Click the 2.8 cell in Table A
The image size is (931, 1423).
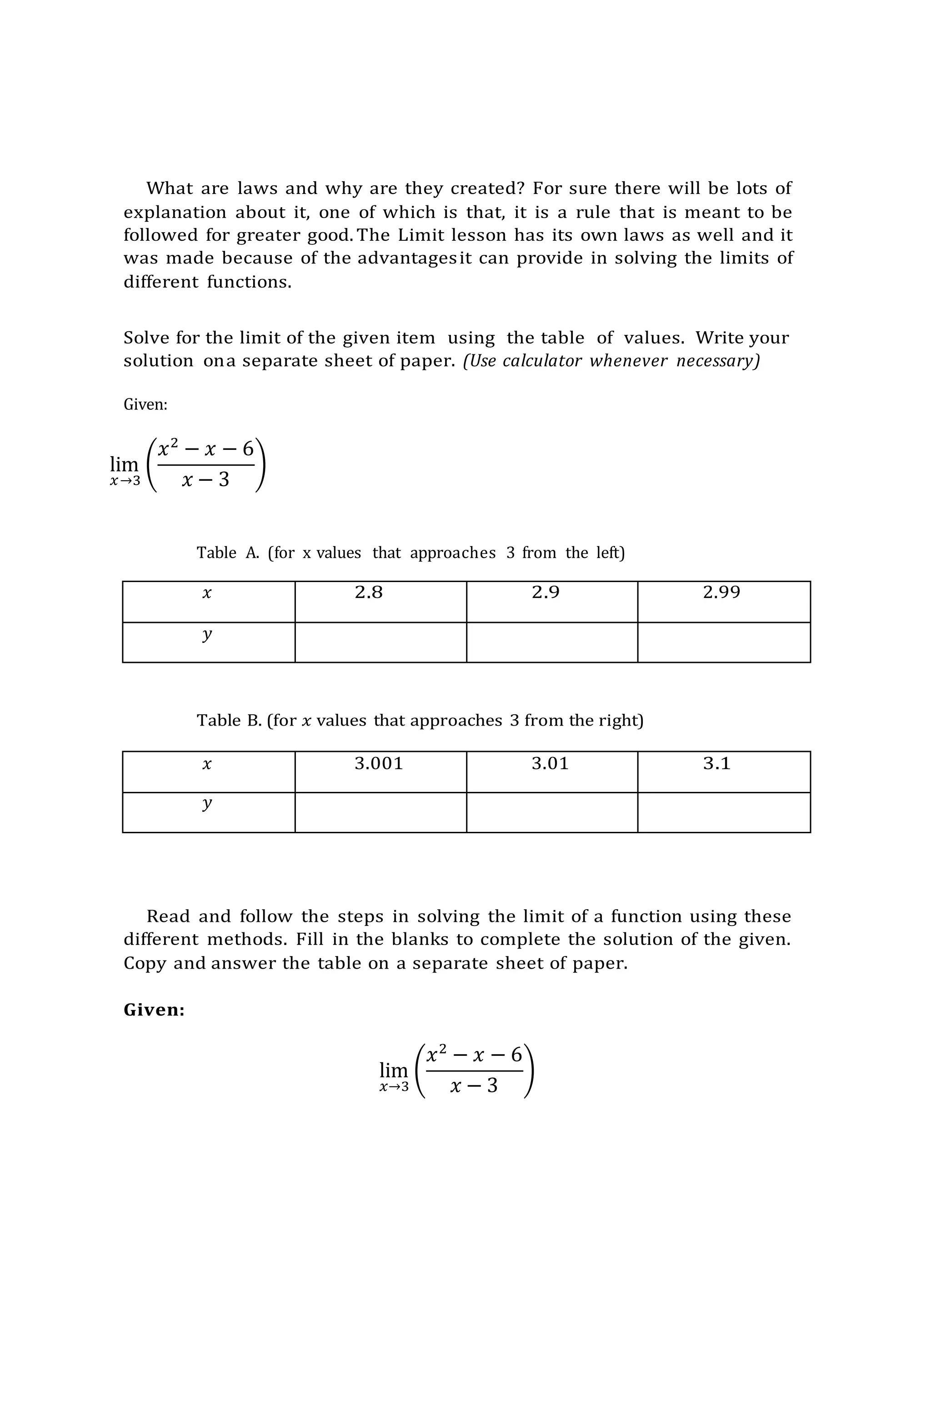(x=369, y=592)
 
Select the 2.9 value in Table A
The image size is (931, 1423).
(x=545, y=592)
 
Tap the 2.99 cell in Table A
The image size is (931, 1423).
(x=721, y=592)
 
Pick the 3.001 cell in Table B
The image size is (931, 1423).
(x=379, y=763)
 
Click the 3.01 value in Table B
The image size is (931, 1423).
(x=550, y=763)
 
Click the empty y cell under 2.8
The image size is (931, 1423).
(x=380, y=642)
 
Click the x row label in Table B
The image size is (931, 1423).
(x=207, y=764)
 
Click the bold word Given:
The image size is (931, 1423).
(x=154, y=1010)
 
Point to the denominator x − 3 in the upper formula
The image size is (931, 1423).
(x=205, y=479)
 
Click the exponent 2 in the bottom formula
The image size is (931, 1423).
(x=443, y=1048)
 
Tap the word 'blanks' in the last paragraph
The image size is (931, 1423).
(x=420, y=939)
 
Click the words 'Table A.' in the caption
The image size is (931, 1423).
(x=227, y=552)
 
